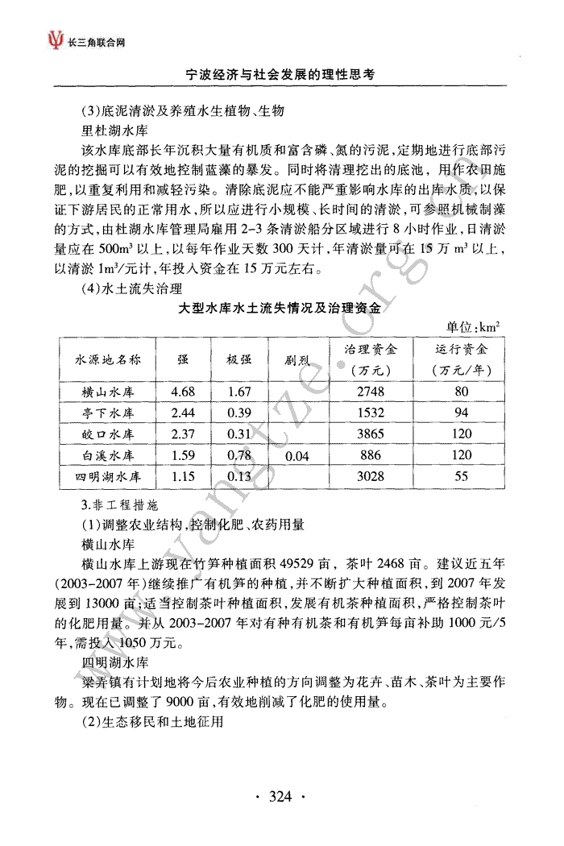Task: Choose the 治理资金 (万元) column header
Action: pyautogui.click(x=371, y=360)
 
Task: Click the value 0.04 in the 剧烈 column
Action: pyautogui.click(x=297, y=455)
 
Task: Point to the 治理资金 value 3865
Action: pyautogui.click(x=371, y=434)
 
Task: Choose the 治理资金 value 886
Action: pyautogui.click(x=371, y=455)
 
